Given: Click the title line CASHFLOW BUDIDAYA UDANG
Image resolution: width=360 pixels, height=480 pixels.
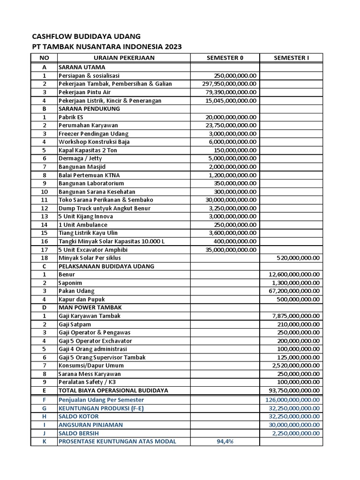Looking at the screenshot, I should [86, 37].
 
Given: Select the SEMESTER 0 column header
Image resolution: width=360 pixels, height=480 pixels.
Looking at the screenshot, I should [225, 58].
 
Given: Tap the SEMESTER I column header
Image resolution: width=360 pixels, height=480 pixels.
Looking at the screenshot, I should [291, 58].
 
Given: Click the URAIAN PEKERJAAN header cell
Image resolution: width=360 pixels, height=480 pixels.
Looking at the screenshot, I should [124, 58].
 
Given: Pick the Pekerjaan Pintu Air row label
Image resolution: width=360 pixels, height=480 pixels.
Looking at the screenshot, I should [84, 92].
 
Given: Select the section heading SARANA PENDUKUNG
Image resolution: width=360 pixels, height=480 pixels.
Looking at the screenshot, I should [89, 109].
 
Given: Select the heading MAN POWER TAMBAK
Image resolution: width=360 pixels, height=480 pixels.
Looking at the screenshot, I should [90, 307].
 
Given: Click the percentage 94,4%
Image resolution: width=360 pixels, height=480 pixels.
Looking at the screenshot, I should [225, 442].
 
